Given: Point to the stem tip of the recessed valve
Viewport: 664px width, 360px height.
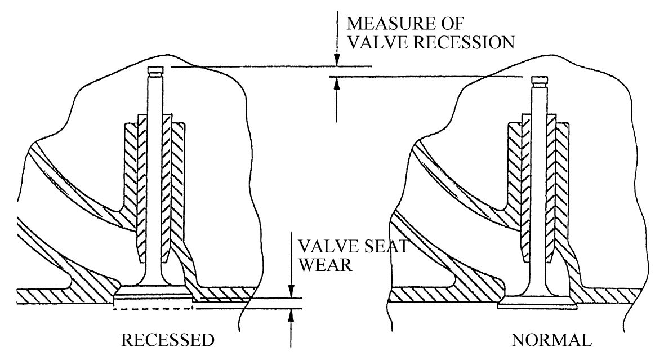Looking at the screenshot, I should pyautogui.click(x=155, y=70).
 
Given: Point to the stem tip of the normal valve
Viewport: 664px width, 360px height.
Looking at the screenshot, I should pyautogui.click(x=540, y=80).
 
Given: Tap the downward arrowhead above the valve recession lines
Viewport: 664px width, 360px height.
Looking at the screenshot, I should pyautogui.click(x=336, y=61).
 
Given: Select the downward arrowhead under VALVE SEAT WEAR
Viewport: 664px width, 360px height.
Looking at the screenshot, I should pyautogui.click(x=291, y=292).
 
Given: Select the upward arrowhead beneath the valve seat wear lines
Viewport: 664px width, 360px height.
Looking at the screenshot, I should pyautogui.click(x=291, y=315).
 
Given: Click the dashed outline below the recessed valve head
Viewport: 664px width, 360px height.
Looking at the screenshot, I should pyautogui.click(x=152, y=309).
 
